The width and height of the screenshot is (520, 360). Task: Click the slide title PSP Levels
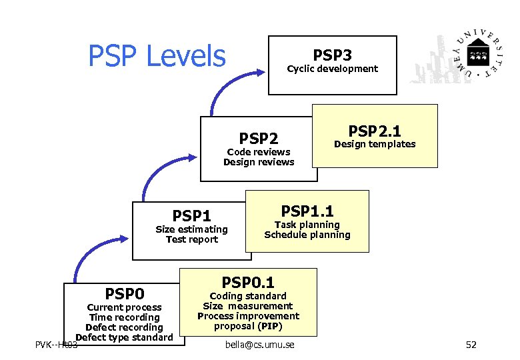pos(157,56)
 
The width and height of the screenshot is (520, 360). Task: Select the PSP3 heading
pos(332,54)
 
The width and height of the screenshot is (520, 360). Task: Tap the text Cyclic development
pos(332,69)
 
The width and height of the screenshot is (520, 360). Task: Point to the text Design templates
pos(375,144)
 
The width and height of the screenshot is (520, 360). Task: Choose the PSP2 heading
pos(259,138)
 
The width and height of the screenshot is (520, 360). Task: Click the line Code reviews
pos(259,152)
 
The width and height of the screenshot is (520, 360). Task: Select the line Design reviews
pos(259,162)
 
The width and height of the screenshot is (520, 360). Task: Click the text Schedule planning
pos(307,235)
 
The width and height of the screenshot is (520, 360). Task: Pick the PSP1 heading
pos(191,215)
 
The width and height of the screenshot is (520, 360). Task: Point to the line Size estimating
pos(191,229)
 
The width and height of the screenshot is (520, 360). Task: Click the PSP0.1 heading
pos(248,282)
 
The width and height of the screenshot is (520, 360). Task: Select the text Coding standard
pos(248,296)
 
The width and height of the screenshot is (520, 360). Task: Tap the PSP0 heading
pos(125,293)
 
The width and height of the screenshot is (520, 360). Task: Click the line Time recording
pos(125,317)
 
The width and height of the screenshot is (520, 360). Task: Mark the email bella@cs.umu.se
pos(259,345)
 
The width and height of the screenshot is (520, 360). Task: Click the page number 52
pos(471,345)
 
